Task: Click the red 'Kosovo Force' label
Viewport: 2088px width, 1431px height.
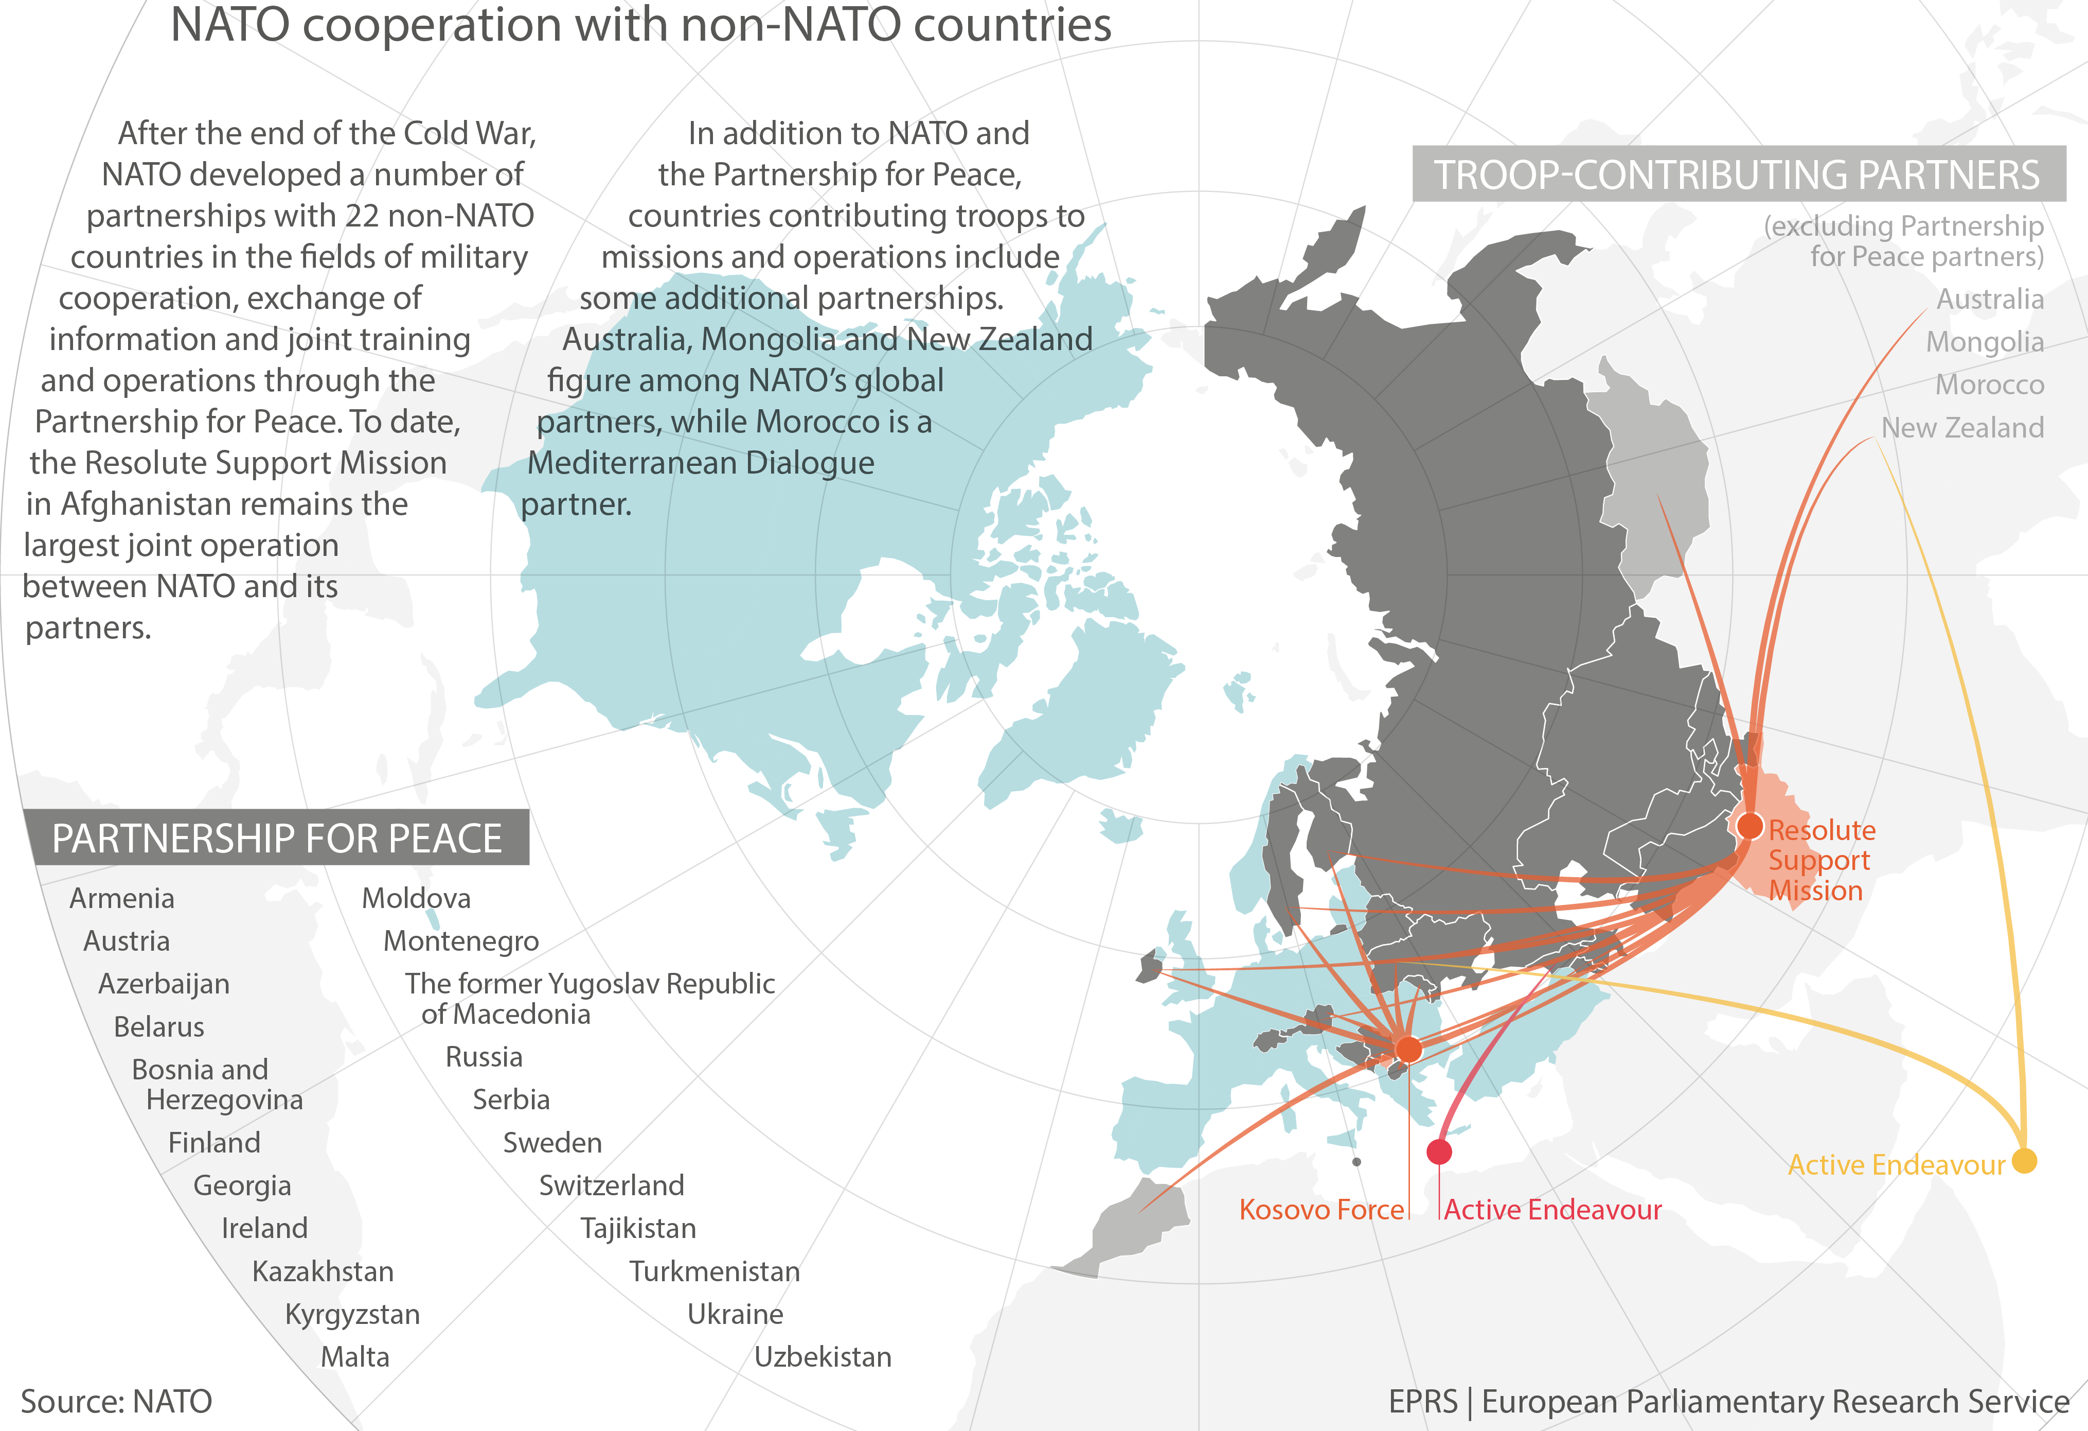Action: click(1320, 1210)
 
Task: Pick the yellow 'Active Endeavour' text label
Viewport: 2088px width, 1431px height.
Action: click(1896, 1165)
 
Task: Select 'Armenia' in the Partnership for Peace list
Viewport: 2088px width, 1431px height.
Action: click(122, 898)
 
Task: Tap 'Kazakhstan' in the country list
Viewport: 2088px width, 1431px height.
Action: click(323, 1271)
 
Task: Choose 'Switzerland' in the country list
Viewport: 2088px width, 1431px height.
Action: click(611, 1185)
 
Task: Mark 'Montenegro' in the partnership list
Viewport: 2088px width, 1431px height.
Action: click(461, 940)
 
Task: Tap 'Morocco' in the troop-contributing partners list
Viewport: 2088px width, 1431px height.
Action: click(1989, 385)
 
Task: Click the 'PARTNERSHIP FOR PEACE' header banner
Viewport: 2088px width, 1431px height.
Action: click(277, 837)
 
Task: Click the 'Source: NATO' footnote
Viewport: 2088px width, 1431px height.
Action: click(117, 1401)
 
